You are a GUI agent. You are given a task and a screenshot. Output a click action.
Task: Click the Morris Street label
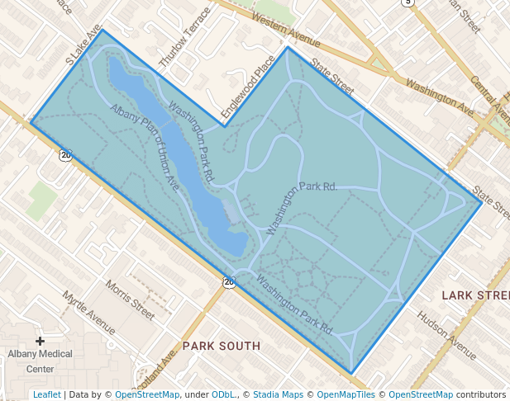(x=131, y=300)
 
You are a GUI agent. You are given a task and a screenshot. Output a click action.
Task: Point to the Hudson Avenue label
(x=446, y=335)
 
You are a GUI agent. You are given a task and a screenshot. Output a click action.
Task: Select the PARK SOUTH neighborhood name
(x=222, y=346)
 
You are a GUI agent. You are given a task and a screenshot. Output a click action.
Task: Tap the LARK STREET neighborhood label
(x=475, y=295)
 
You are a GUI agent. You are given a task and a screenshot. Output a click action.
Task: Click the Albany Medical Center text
(x=40, y=361)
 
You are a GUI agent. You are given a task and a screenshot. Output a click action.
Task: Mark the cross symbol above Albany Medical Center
(x=40, y=340)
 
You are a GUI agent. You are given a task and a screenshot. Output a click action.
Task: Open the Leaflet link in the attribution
(x=46, y=394)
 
